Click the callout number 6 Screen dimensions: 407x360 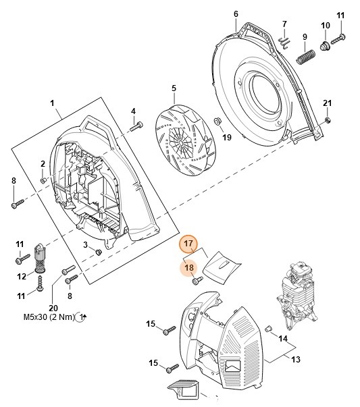tap(236, 13)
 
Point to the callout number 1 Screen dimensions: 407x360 tap(52, 103)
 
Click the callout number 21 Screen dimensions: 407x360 tap(328, 103)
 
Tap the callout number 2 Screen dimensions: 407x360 tap(43, 163)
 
